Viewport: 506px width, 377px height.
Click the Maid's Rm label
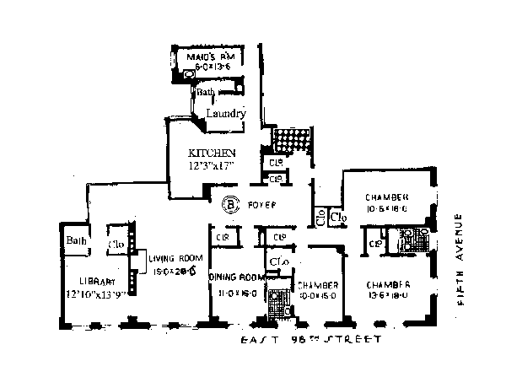click(x=215, y=56)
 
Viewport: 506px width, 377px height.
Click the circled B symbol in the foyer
click(x=229, y=203)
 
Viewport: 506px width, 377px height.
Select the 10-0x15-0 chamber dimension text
click(x=318, y=295)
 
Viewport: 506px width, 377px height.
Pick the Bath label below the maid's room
click(x=207, y=92)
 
